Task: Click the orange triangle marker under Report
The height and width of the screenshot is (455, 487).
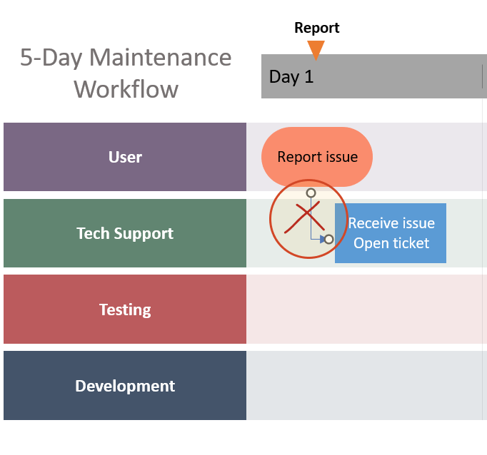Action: coord(316,49)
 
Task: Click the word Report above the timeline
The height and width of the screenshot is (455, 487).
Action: coord(317,28)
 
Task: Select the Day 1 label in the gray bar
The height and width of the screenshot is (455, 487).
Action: coord(291,77)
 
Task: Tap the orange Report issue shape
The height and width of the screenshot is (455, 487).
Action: coord(317,157)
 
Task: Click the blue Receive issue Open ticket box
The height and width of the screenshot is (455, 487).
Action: coord(391,233)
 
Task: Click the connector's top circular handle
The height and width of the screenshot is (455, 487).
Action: coord(311,193)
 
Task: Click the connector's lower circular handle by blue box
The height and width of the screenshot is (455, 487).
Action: coord(328,239)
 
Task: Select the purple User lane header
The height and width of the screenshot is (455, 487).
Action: coord(125,157)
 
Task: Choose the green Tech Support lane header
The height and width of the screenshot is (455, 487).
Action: coord(125,233)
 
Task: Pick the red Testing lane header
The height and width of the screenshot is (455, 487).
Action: coord(125,310)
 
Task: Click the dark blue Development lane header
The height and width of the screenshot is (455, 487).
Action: coord(125,386)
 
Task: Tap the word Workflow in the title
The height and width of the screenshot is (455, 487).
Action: coord(126,89)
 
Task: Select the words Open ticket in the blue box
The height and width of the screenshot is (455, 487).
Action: coord(391,243)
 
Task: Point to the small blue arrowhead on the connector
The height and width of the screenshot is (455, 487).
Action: coord(322,239)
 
